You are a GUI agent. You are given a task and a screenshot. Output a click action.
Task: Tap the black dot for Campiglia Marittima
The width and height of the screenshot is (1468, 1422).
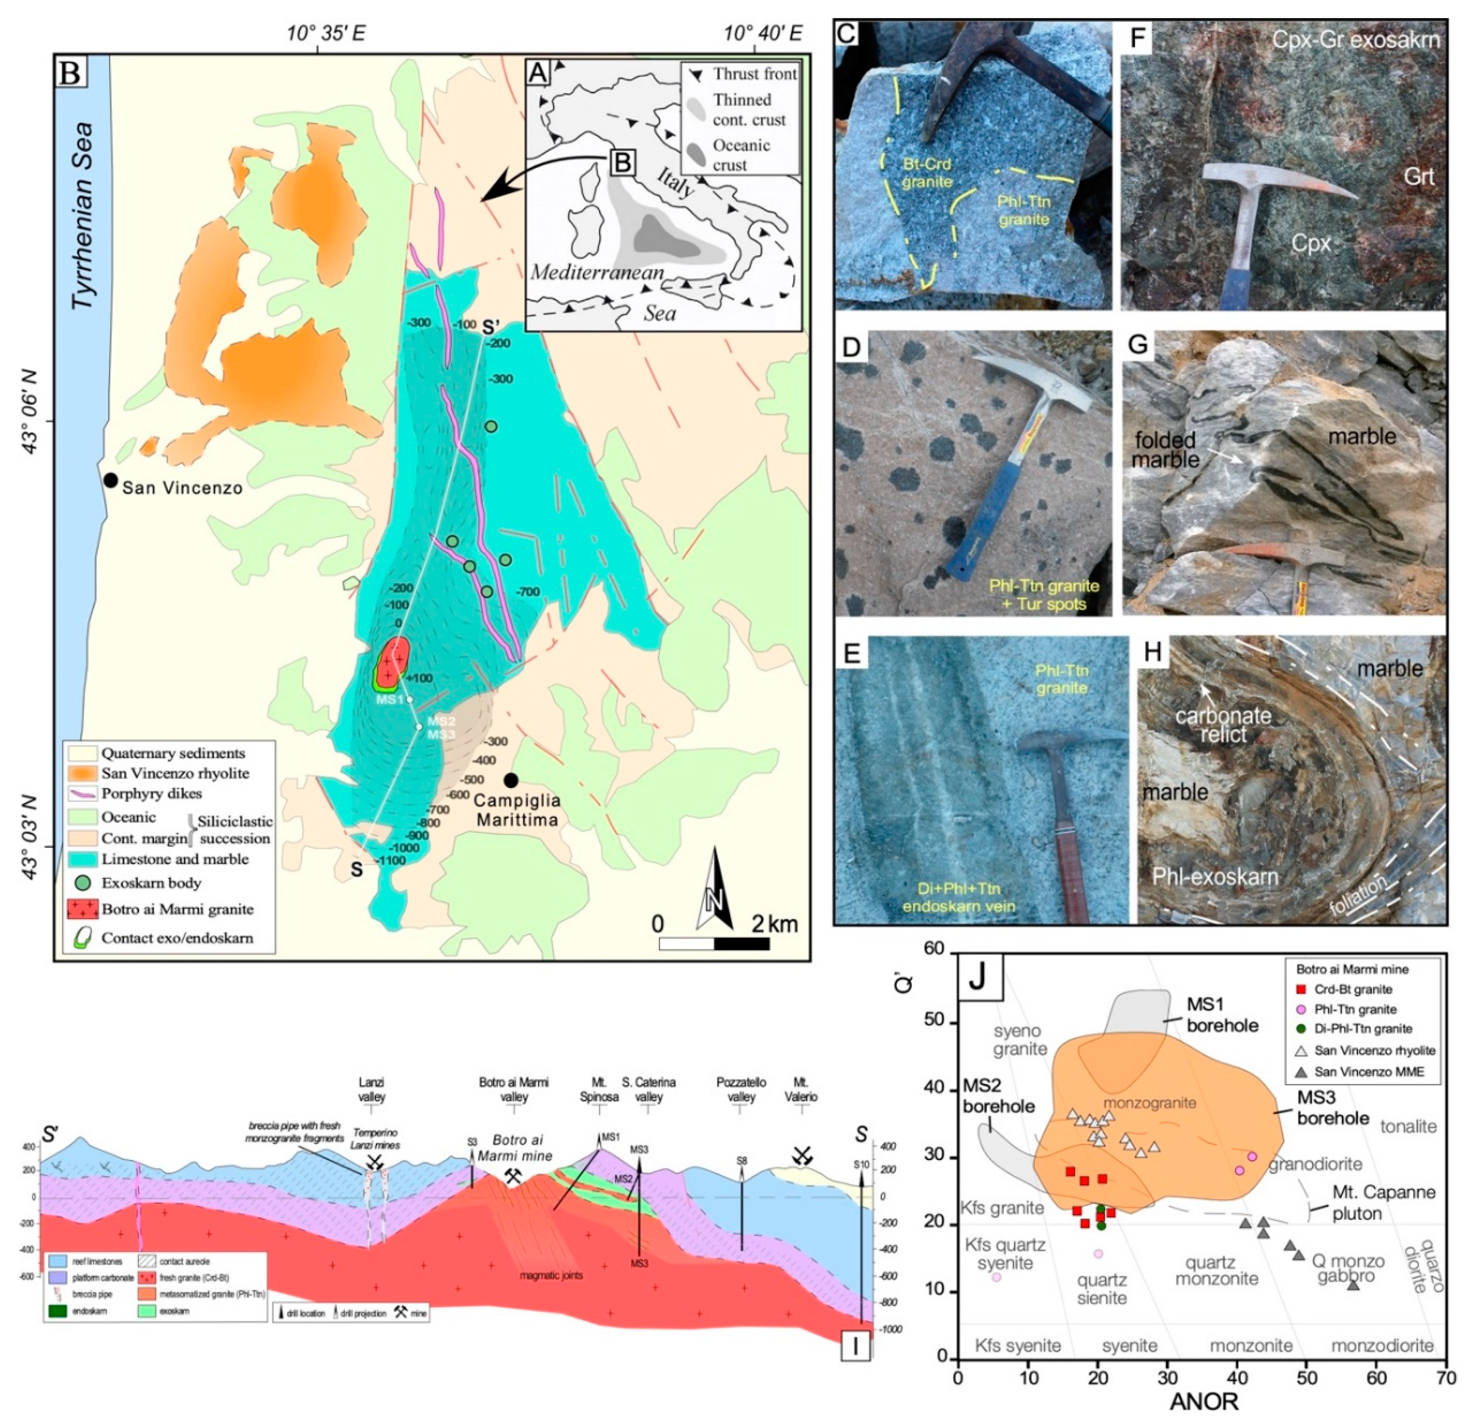[511, 781]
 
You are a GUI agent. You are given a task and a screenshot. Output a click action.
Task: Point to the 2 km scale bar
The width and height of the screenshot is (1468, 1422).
[714, 943]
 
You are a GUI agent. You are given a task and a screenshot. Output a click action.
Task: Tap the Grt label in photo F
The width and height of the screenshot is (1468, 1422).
[1419, 177]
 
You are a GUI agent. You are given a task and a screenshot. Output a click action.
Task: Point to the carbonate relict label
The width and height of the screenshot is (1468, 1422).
[1223, 725]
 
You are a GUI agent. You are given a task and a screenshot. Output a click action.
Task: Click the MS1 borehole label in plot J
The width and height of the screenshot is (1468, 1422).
[1222, 1014]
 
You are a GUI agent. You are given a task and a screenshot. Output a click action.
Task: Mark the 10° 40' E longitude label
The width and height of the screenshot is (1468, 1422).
[762, 33]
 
